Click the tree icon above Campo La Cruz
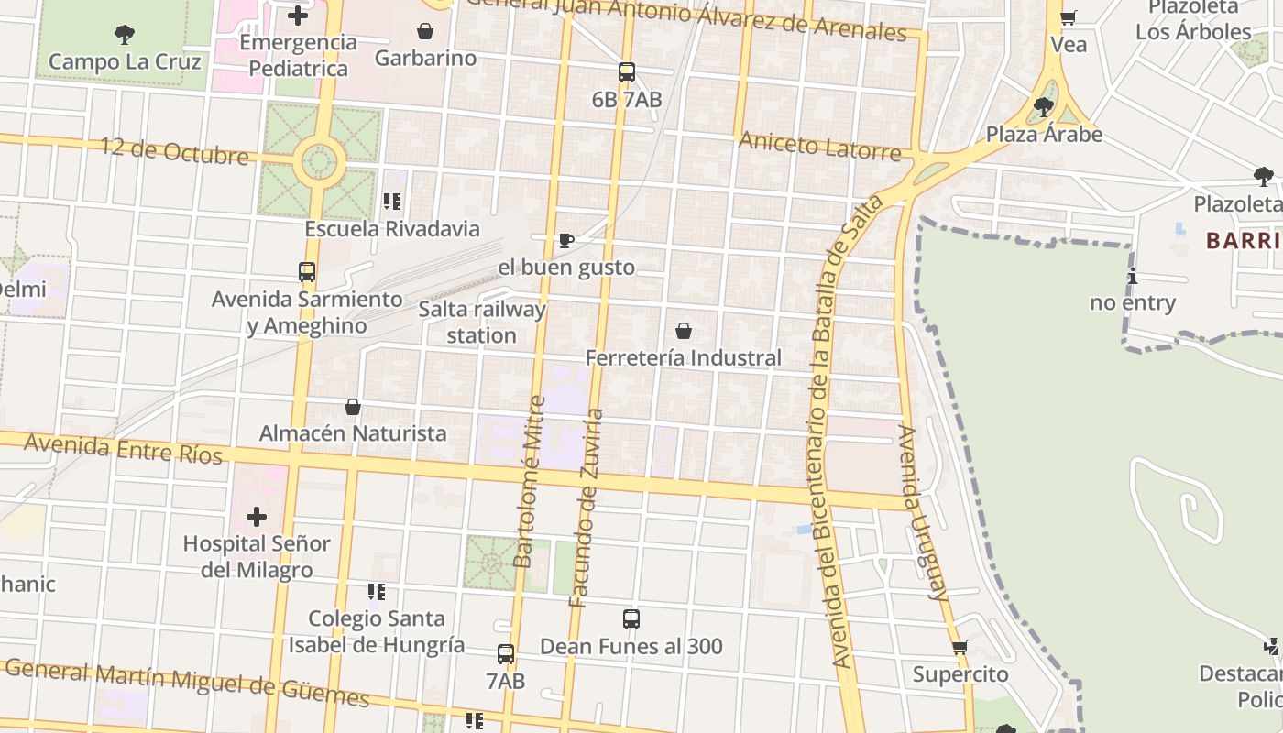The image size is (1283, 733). click(x=125, y=35)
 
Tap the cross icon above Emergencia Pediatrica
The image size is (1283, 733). click(x=298, y=16)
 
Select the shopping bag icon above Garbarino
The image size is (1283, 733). click(x=425, y=31)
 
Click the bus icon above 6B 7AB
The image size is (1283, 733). click(x=627, y=72)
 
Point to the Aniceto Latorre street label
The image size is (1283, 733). click(x=819, y=146)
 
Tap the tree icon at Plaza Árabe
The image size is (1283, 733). click(x=1043, y=107)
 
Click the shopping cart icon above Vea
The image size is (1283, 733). click(x=1068, y=17)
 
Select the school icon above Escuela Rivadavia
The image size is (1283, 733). click(x=392, y=202)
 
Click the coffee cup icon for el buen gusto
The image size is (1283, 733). click(x=566, y=241)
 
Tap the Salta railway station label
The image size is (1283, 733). click(x=482, y=322)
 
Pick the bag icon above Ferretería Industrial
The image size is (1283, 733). click(x=683, y=331)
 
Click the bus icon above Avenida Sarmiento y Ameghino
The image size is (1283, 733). click(x=307, y=272)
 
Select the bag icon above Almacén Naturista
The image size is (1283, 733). click(x=353, y=407)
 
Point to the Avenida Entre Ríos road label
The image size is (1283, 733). click(x=124, y=448)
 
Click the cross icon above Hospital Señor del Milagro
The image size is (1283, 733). click(x=257, y=517)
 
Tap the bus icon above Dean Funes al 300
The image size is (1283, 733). click(x=631, y=619)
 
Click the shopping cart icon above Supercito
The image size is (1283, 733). click(x=960, y=648)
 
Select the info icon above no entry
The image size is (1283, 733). click(x=1133, y=276)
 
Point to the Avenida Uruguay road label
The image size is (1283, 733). click(x=923, y=513)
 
